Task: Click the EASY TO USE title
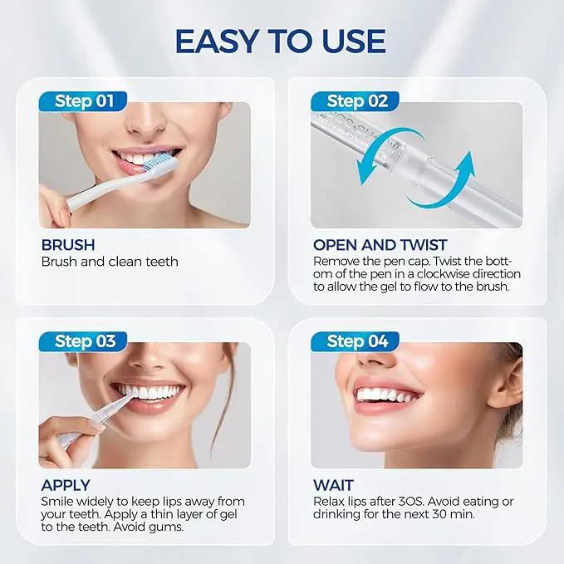281,42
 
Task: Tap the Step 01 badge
83,101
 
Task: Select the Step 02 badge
356,101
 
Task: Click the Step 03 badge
83,341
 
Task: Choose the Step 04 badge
356,341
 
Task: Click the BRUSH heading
68,245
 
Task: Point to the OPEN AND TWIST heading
380,245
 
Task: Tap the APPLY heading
66,485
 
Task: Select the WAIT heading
333,485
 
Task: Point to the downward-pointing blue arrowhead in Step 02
365,173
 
